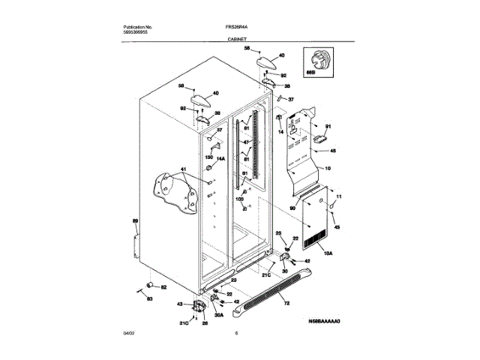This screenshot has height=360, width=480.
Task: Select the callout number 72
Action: click(x=286, y=303)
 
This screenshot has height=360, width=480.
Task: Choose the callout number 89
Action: click(x=136, y=221)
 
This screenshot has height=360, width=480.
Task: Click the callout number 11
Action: click(x=338, y=196)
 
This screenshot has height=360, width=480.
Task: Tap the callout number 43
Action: click(x=179, y=304)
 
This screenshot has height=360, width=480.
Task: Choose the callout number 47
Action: click(x=244, y=142)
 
